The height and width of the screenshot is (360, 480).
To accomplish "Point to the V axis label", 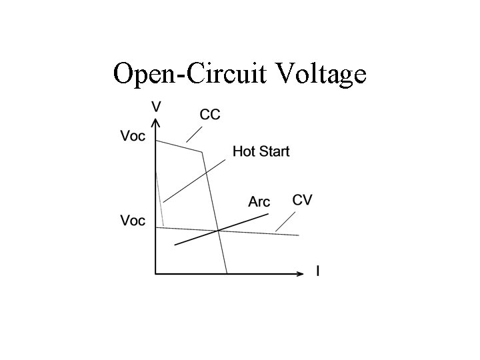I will click(156, 106).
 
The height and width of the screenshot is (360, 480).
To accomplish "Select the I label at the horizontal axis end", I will click(317, 271).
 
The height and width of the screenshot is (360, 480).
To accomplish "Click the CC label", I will click(210, 115).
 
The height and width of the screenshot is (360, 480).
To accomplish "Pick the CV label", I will click(302, 200).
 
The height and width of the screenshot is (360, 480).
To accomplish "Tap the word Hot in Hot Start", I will click(244, 152).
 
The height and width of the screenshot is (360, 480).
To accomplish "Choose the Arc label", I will click(259, 201).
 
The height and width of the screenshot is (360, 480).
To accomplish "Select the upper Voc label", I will click(132, 136).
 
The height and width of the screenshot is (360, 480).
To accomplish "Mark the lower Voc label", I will click(132, 221).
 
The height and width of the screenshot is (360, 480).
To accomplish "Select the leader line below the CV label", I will click(286, 221).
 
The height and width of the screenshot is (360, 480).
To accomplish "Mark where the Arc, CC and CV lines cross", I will click(218, 231).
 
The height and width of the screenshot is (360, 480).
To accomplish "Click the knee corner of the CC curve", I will click(202, 152).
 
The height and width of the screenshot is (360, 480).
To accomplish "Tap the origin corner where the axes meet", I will click(155, 272).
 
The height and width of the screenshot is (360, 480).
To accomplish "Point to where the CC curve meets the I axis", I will click(227, 272).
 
